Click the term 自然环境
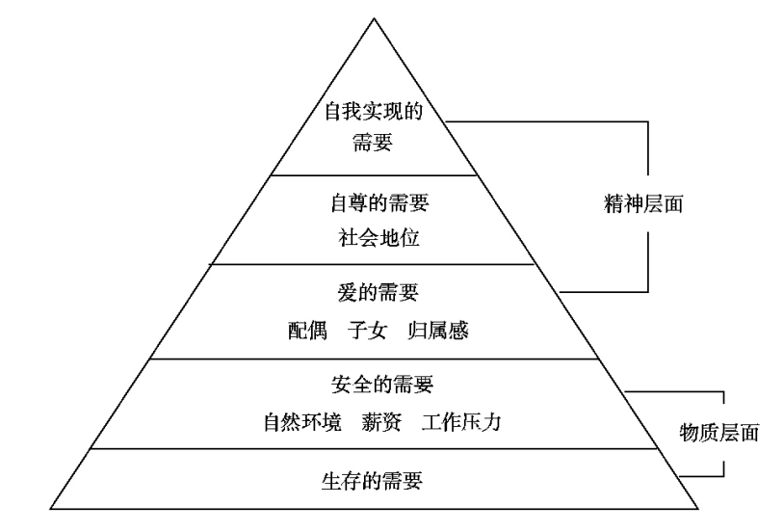[x=302, y=421]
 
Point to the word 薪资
[x=382, y=421]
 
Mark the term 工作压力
[x=461, y=421]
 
